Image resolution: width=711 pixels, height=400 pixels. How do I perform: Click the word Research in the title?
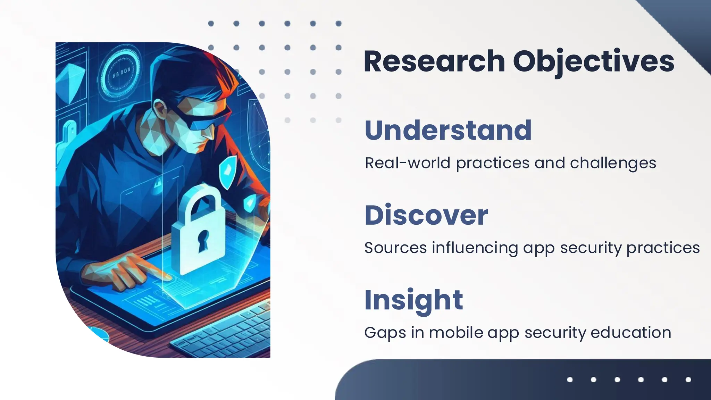click(434, 61)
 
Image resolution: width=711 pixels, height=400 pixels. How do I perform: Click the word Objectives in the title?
click(593, 61)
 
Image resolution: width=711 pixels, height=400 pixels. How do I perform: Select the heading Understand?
click(448, 130)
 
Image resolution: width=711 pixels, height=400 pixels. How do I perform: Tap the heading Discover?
click(426, 215)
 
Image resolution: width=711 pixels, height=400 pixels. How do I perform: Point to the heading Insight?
click(413, 300)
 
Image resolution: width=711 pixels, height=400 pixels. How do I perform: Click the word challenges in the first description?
click(613, 163)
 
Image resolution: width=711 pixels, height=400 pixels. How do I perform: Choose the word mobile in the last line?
click(456, 333)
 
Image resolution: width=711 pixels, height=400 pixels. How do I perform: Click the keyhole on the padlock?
click(203, 240)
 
